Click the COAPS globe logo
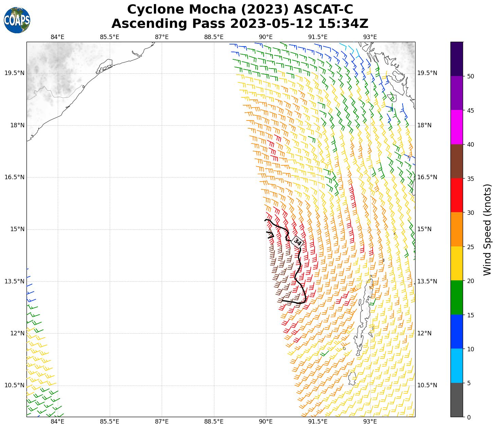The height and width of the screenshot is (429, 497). click(17, 20)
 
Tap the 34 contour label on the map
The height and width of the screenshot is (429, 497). click(298, 242)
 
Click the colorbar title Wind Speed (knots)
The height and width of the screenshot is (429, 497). click(487, 229)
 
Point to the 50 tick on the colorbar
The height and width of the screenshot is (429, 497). click(471, 76)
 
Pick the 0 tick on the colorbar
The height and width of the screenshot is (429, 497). click(469, 417)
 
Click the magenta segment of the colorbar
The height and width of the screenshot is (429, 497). click(457, 127)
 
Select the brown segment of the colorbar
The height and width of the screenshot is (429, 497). click(457, 161)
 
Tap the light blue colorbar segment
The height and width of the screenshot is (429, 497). click(457, 366)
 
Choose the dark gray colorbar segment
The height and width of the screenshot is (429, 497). click(457, 400)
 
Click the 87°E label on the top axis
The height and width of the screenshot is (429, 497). click(162, 37)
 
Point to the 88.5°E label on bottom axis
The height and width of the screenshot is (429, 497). click(214, 422)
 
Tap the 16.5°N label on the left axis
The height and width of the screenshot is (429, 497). click(15, 177)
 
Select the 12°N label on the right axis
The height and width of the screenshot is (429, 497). click(424, 333)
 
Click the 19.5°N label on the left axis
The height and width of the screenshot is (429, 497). click(15, 73)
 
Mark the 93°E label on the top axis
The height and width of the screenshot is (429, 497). click(370, 37)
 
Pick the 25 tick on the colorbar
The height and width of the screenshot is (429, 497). click(471, 247)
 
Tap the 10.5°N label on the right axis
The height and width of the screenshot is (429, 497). click(427, 385)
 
